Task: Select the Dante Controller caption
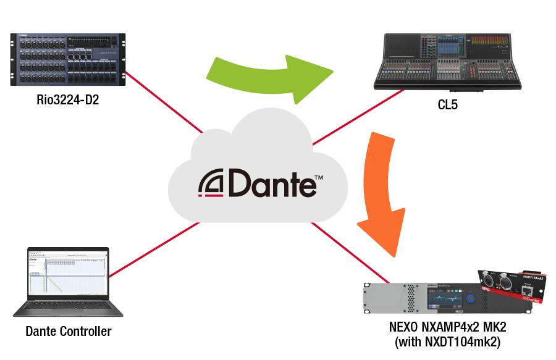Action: pyautogui.click(x=69, y=332)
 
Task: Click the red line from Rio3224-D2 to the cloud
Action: pyautogui.click(x=164, y=102)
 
